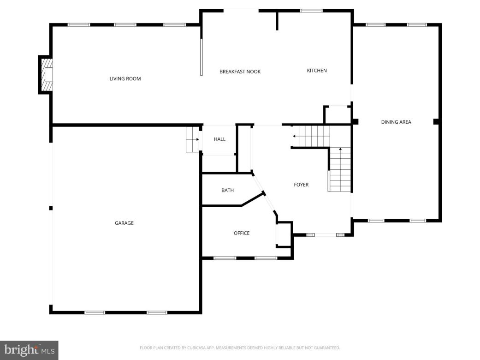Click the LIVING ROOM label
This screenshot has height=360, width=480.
[125, 79]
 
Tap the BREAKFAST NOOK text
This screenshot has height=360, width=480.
[240, 72]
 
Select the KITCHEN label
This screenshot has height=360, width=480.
[317, 71]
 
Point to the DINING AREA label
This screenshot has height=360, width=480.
[396, 122]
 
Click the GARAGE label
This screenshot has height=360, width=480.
[124, 223]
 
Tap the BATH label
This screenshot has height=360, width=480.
[227, 190]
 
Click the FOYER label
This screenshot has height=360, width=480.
[301, 185]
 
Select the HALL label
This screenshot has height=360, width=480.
[219, 139]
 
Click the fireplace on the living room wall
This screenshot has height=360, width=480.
[46, 75]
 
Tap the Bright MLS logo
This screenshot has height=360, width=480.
[29, 350]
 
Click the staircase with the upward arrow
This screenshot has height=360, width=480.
[340, 170]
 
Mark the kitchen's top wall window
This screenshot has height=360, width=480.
[311, 11]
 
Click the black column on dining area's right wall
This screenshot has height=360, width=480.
[436, 122]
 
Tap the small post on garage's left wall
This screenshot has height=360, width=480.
[51, 208]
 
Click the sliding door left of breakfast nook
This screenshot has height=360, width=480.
[201, 57]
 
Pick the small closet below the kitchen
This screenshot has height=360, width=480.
[338, 115]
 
